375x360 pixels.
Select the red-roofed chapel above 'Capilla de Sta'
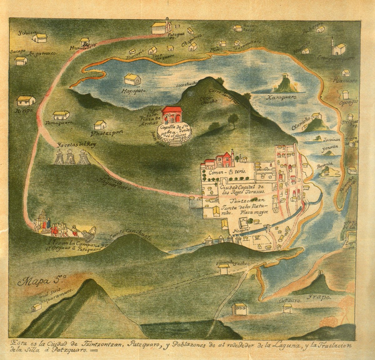coord(172,115)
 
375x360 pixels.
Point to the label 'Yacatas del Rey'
coord(77,145)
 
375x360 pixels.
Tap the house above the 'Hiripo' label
coord(26,101)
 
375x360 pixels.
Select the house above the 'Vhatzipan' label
coord(100,125)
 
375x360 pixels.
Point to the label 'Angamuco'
coord(42,54)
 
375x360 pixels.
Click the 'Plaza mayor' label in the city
coord(254,212)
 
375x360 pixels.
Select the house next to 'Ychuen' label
coord(40,38)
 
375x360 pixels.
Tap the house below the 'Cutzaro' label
coord(287,308)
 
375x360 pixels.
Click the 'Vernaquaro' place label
coord(61,123)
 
